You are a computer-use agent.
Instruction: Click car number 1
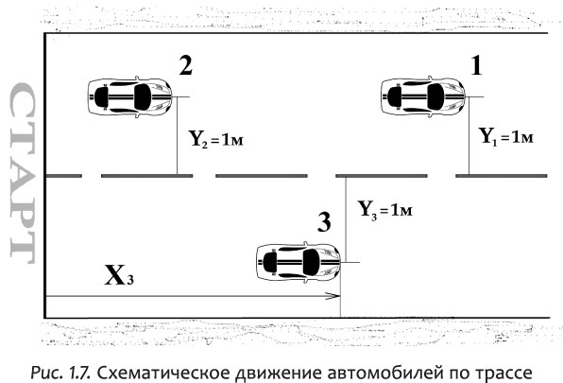pyautogui.click(x=423, y=97)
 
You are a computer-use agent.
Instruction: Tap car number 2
pyautogui.click(x=129, y=97)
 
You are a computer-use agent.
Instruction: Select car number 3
pyautogui.click(x=299, y=262)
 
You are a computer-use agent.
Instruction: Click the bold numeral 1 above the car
pyautogui.click(x=476, y=66)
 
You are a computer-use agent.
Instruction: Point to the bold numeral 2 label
pyautogui.click(x=186, y=66)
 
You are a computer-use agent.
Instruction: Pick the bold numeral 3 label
pyautogui.click(x=324, y=221)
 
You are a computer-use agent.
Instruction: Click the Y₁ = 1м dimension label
pyautogui.click(x=506, y=137)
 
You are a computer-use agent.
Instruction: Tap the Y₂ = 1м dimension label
pyautogui.click(x=216, y=139)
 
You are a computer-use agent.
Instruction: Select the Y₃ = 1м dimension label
pyautogui.click(x=385, y=209)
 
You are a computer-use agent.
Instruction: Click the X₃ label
pyautogui.click(x=119, y=275)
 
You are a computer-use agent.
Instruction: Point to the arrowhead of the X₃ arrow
pyautogui.click(x=333, y=296)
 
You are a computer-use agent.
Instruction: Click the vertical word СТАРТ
pyautogui.click(x=23, y=174)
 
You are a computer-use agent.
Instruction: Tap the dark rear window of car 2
pyautogui.click(x=102, y=97)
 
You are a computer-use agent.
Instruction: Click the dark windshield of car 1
pyautogui.click(x=435, y=96)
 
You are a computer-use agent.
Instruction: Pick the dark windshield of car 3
pyautogui.click(x=311, y=262)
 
